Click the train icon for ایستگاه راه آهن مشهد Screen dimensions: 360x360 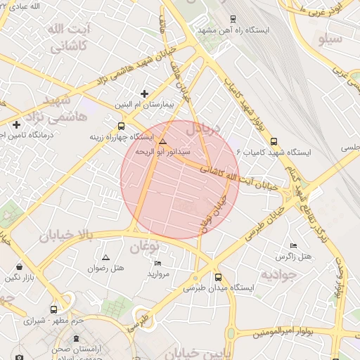point(233,19)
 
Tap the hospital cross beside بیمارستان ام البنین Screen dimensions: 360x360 point(145,93)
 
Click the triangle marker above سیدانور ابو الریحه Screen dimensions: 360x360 point(163,141)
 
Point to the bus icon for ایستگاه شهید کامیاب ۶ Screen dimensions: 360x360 point(274,140)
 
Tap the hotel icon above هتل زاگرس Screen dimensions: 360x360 point(293,245)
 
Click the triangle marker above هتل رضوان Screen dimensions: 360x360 point(106,257)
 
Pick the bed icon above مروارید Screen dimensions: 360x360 point(157,262)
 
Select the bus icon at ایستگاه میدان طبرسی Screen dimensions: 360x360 point(218,277)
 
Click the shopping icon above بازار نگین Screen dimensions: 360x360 point(18,267)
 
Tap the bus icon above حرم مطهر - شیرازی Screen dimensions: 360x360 point(54,309)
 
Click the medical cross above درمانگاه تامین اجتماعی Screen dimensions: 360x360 point(16,124)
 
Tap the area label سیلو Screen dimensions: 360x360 point(330,39)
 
